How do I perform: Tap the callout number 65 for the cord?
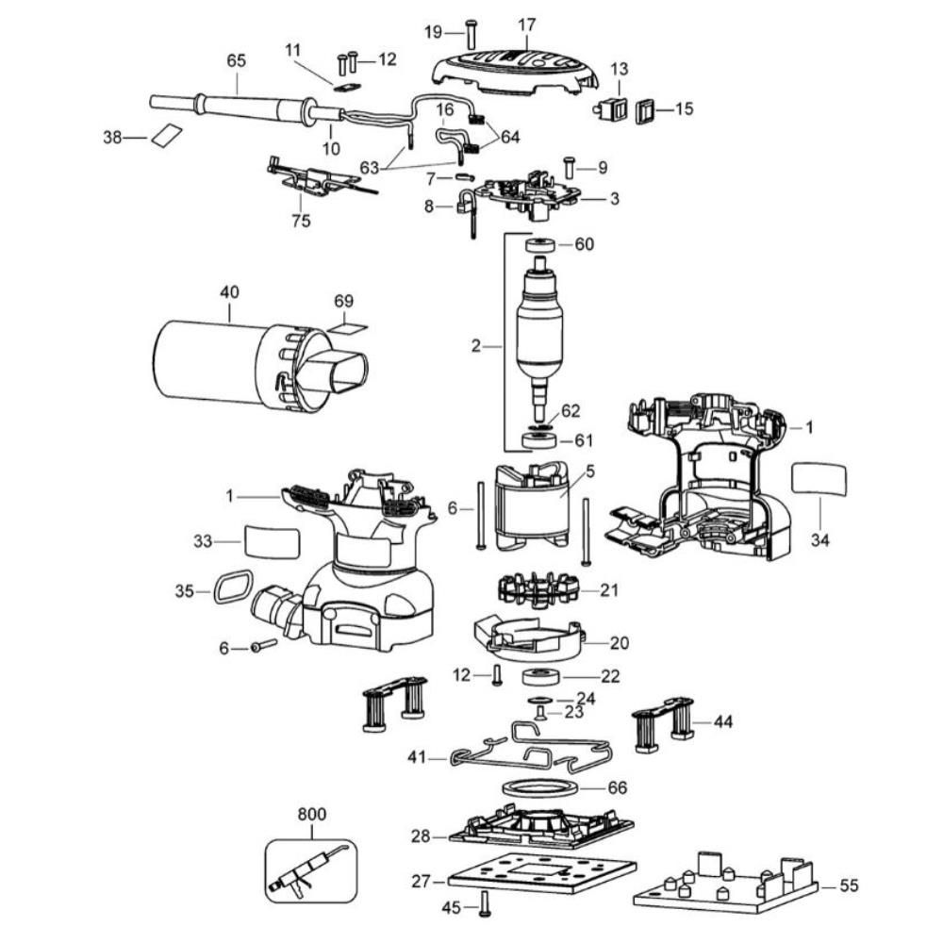236,59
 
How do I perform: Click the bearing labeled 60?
540,246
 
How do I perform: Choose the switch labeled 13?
614,107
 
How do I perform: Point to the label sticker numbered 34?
819,479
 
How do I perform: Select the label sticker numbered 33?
272,543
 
